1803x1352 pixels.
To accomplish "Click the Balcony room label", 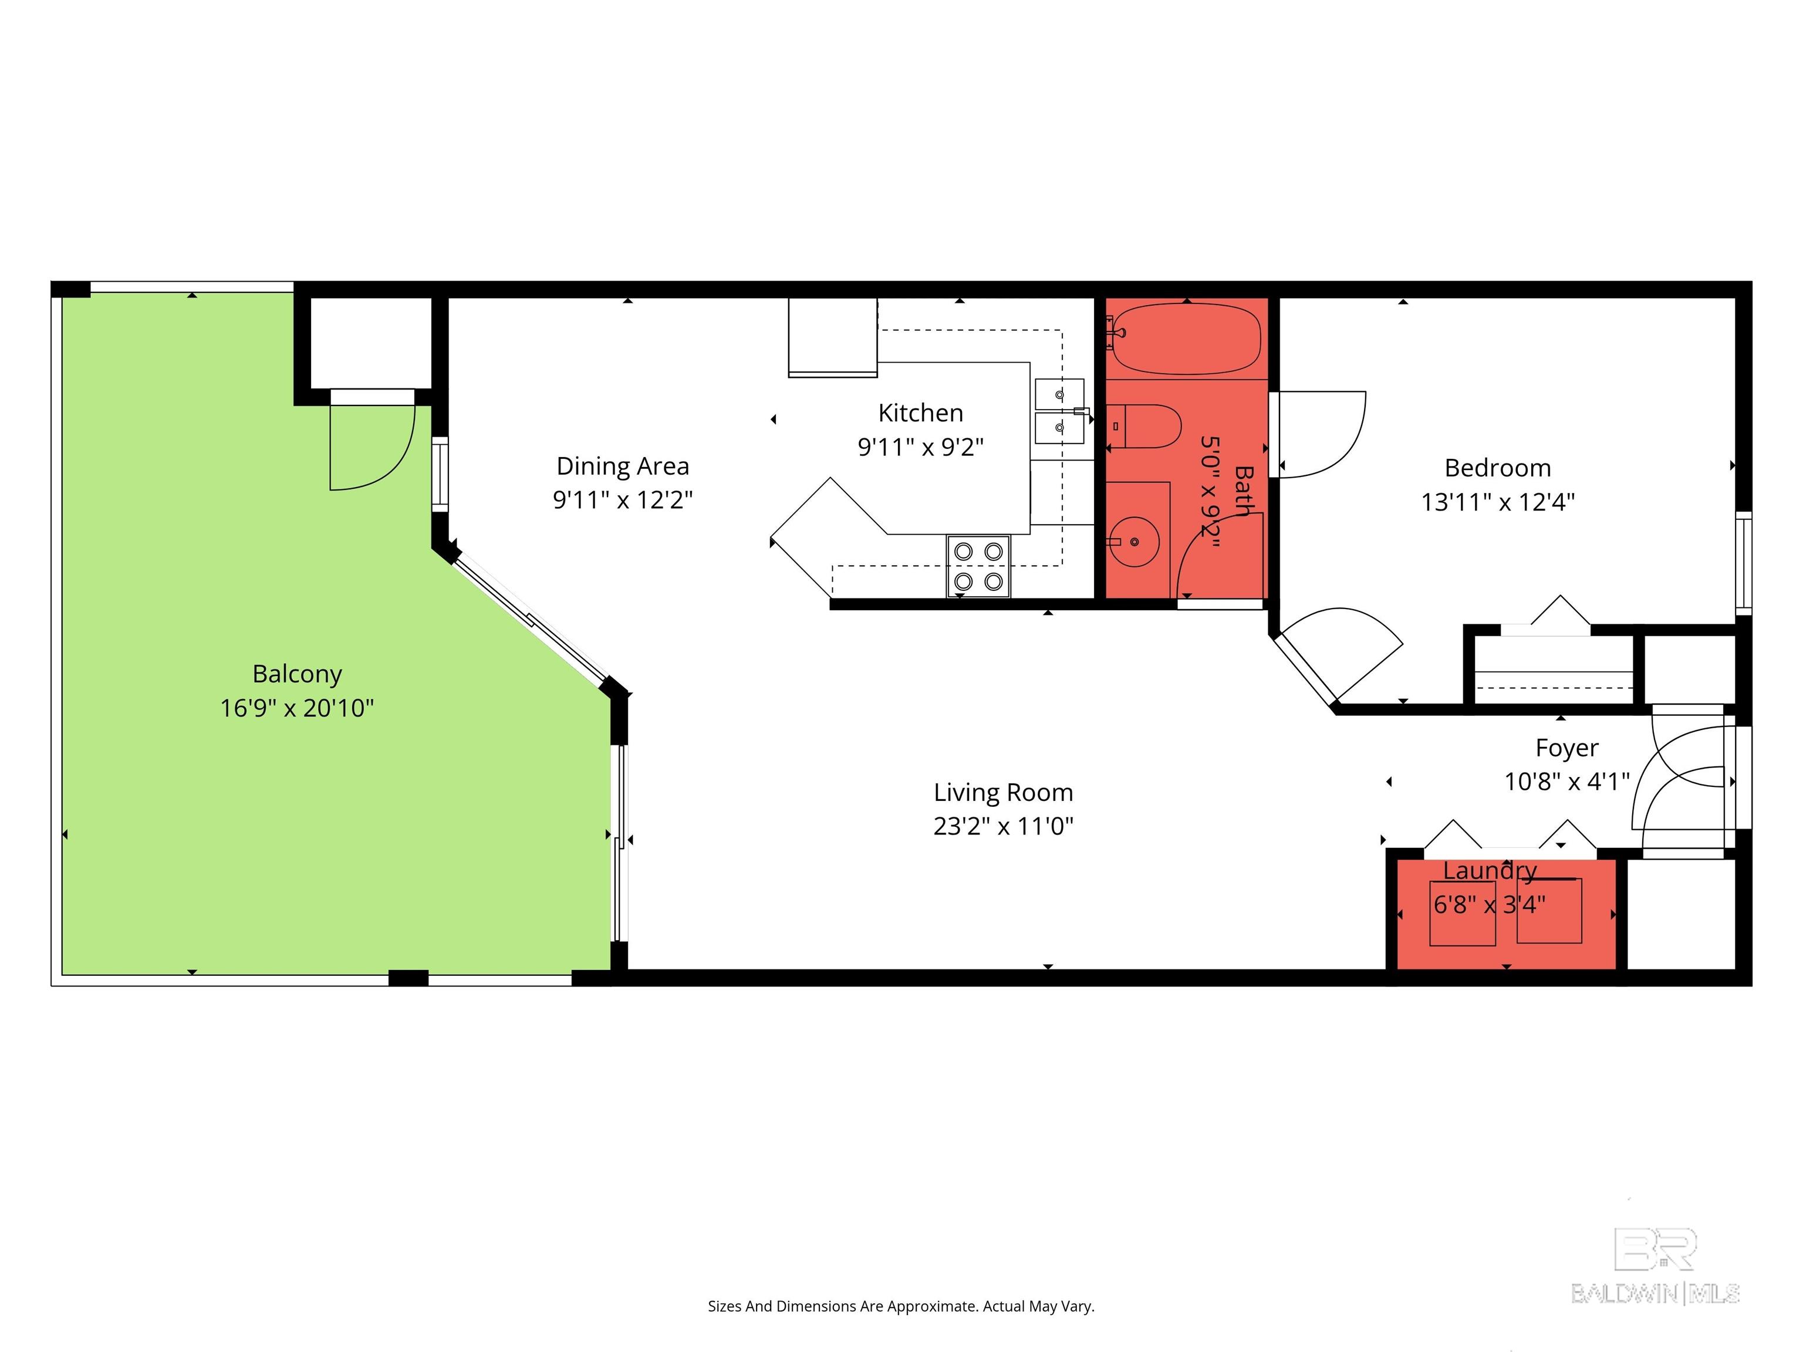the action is (297, 674).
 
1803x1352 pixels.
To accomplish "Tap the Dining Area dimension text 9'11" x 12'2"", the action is (623, 499).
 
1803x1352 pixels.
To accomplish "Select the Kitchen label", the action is (920, 413).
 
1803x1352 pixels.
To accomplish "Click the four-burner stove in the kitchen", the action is (978, 566).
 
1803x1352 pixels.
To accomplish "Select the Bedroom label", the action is (1497, 468).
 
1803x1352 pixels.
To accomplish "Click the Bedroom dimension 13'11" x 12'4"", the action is (1497, 502).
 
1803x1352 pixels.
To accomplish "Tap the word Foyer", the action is (1566, 748).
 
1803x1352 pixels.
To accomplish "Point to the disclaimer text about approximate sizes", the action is (901, 1306).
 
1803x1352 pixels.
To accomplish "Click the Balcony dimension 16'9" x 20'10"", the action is (297, 707).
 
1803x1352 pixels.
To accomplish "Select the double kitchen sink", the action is (1059, 411).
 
